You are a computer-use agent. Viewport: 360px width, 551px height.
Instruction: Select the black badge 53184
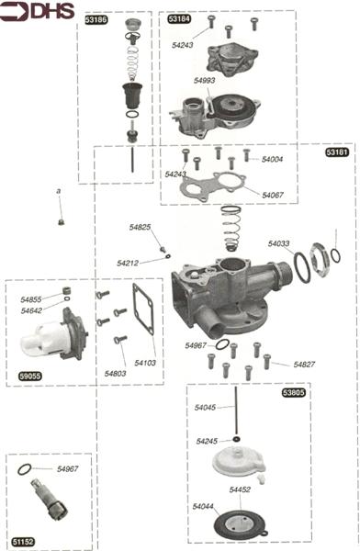pyautogui.click(x=179, y=18)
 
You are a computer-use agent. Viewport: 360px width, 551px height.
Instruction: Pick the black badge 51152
pyautogui.click(x=23, y=542)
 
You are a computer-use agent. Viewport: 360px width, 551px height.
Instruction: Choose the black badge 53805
pyautogui.click(x=294, y=392)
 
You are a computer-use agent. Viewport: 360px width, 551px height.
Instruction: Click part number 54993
pyautogui.click(x=204, y=81)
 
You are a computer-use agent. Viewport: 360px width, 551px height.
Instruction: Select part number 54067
pyautogui.click(x=272, y=195)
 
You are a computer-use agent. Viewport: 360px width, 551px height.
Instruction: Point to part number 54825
pyautogui.click(x=140, y=227)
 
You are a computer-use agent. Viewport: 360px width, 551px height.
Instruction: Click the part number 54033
pyautogui.click(x=279, y=243)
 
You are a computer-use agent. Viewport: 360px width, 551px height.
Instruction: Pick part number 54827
pyautogui.click(x=305, y=365)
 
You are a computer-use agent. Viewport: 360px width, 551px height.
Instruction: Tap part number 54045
pyautogui.click(x=206, y=407)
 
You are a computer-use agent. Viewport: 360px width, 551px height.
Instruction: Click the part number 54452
pyautogui.click(x=240, y=489)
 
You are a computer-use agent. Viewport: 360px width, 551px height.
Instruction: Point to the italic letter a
pyautogui.click(x=59, y=191)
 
